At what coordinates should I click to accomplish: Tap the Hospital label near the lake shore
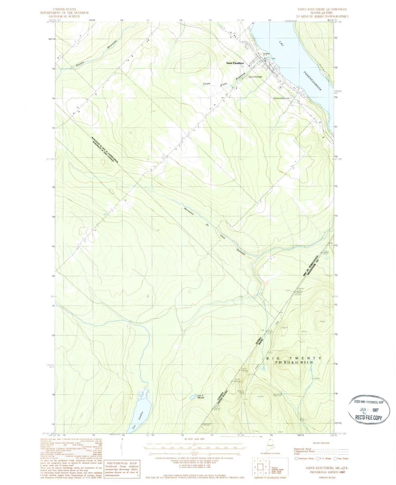click(x=266, y=54)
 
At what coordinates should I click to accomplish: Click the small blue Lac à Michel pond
click(x=192, y=397)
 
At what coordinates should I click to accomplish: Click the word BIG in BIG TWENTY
click(x=272, y=358)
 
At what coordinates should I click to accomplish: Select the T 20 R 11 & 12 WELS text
click(x=293, y=362)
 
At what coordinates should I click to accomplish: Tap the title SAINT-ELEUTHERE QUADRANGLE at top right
click(x=322, y=9)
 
